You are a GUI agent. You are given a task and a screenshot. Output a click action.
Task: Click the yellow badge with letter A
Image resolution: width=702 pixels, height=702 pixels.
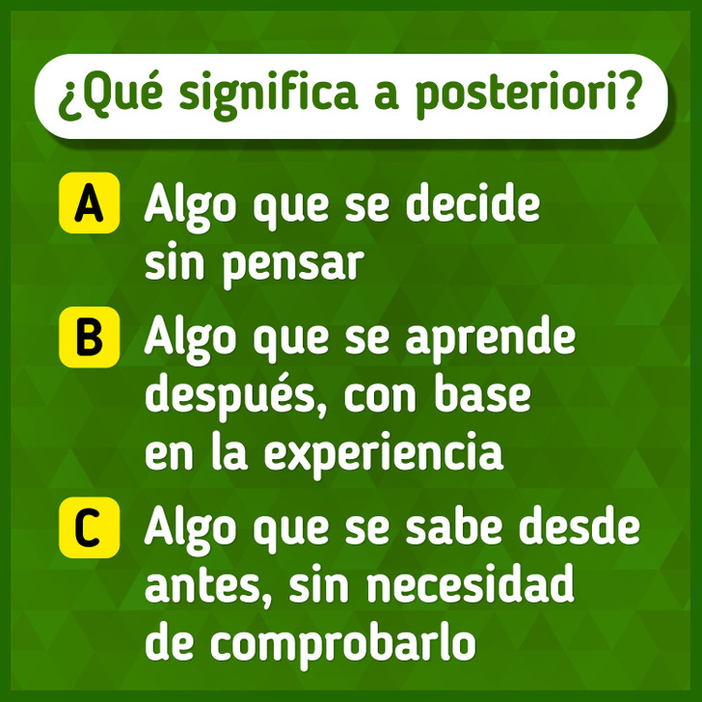90,202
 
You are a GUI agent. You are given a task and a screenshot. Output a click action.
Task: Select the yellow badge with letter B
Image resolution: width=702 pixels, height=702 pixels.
90,337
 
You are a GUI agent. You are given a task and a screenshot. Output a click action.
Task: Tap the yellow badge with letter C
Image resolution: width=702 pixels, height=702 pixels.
90,527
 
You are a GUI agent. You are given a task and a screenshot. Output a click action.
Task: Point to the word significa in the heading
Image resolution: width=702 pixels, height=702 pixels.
267,94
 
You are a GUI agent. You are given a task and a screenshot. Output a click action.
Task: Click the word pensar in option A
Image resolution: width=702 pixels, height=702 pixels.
293,265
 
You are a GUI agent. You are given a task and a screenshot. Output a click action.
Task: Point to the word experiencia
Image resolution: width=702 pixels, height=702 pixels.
384,453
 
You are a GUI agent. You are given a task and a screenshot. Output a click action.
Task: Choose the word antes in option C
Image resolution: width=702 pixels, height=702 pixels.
203,584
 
